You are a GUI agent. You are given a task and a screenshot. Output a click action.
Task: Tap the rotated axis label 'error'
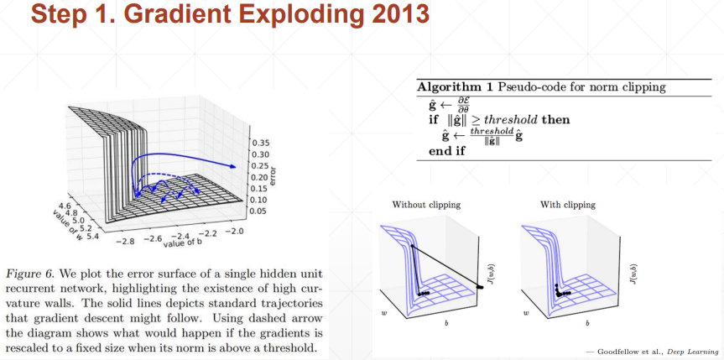click(x=273, y=176)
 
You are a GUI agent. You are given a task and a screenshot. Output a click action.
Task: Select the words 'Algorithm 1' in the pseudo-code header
click(x=456, y=87)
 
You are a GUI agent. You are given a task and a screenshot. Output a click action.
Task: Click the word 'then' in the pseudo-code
click(x=556, y=120)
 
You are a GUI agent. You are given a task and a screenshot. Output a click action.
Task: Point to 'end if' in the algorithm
click(x=447, y=151)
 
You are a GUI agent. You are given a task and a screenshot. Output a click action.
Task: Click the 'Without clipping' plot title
click(x=426, y=204)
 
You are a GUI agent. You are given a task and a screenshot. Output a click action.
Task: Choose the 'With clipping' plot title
click(x=568, y=204)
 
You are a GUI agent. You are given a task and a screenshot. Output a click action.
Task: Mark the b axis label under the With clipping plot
click(x=587, y=323)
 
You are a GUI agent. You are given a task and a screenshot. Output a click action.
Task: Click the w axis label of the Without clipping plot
click(x=384, y=313)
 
